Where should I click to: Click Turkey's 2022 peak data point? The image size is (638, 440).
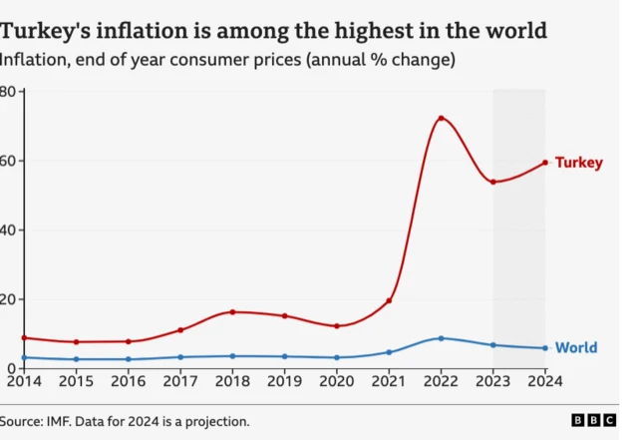coord(441,119)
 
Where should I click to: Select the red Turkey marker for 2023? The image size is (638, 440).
coord(492,182)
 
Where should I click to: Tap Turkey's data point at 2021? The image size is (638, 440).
coord(389,300)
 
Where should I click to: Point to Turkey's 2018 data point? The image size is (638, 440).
coord(232,312)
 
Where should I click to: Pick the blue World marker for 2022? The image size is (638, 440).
coord(441,338)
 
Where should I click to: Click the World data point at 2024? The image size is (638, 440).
coord(544,348)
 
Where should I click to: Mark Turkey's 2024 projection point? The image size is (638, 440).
coord(544,163)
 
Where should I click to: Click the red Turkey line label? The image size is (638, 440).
coord(578,163)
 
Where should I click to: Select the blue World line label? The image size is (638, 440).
coord(575,348)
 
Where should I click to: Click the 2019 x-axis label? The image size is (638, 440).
coord(284,380)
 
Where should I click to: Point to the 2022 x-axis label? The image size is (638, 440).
coord(441,380)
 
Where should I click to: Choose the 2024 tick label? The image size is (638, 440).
coord(544,380)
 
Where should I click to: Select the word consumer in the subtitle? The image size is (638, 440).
coord(213,60)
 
